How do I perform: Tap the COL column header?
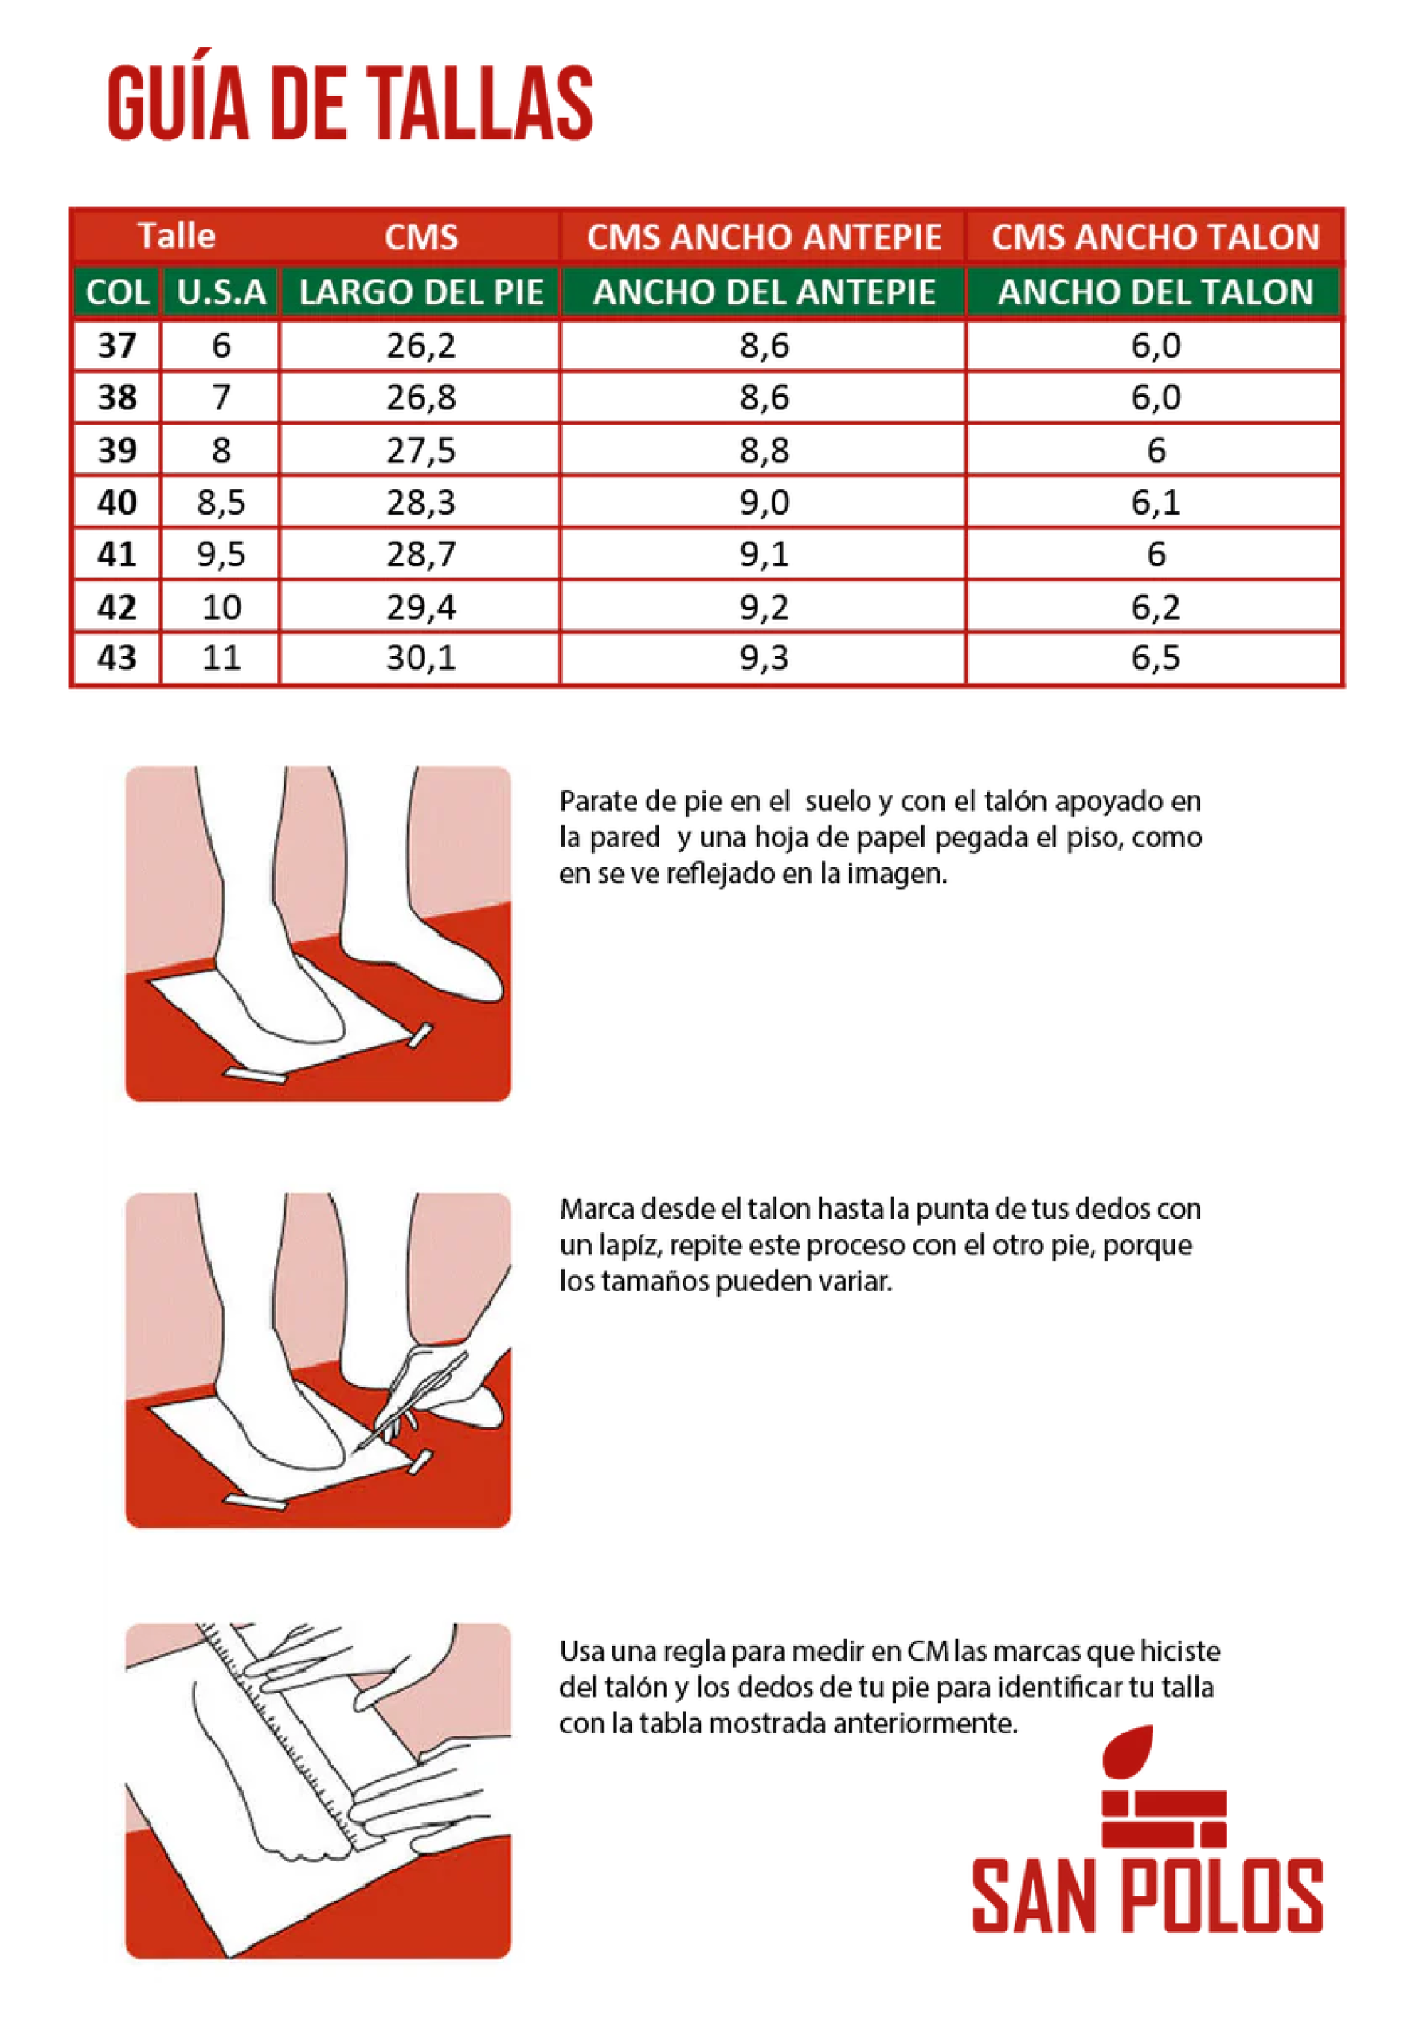pos(117,292)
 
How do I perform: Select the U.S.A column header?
pos(221,292)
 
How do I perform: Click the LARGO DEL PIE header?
pos(421,292)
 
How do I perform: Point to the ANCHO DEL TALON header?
pos(1156,292)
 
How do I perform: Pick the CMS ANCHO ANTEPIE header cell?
pos(764,237)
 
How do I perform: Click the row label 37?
pos(117,345)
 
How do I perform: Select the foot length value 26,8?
pos(421,397)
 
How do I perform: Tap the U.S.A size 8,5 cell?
pos(221,502)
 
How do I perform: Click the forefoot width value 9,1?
pos(764,554)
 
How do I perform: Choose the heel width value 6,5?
pos(1156,657)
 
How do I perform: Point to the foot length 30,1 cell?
pos(421,657)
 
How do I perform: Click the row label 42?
pos(117,607)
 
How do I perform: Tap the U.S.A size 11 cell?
pos(221,657)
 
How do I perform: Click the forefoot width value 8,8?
pos(764,450)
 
